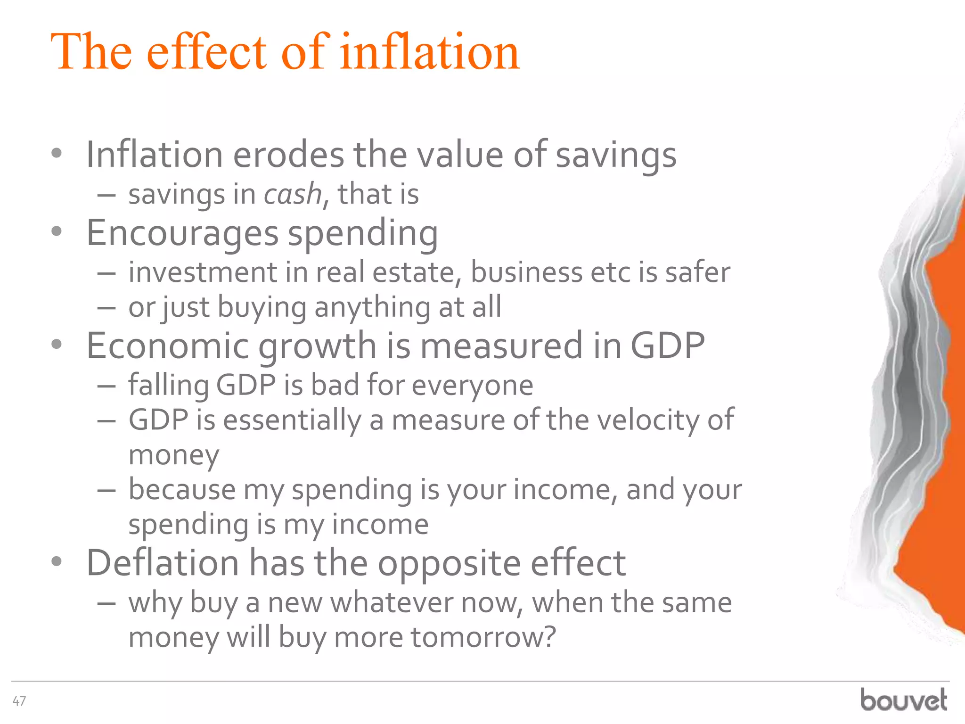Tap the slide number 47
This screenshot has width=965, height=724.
click(x=19, y=701)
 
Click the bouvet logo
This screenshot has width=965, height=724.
click(x=903, y=699)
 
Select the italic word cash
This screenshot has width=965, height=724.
click(x=293, y=194)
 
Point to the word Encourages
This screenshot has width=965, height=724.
click(x=183, y=233)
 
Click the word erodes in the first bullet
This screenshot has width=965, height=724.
click(x=288, y=155)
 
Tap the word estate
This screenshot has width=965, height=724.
click(x=417, y=272)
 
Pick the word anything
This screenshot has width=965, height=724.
click(x=372, y=307)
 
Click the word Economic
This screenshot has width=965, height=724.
click(x=167, y=346)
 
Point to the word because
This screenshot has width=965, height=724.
click(x=182, y=489)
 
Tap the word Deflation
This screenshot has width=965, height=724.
click(x=163, y=563)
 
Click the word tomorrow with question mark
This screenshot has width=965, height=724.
click(x=483, y=637)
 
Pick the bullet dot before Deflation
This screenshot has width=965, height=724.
click(x=57, y=561)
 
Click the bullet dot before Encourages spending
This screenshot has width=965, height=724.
click(x=57, y=231)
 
